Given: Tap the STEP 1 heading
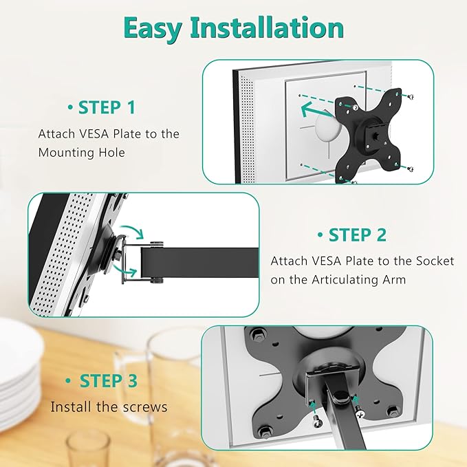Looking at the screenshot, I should [x=106, y=107].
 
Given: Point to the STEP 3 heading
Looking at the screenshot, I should [x=108, y=380].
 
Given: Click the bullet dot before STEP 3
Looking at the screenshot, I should [x=69, y=381].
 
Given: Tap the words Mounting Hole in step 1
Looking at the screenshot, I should [x=82, y=153].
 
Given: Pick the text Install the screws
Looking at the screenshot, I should [x=109, y=407].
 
